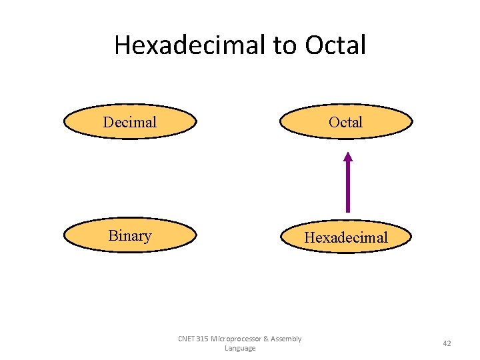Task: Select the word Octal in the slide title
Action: point(335,45)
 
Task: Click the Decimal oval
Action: point(130,122)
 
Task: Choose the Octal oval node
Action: point(346,122)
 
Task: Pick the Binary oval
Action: point(130,236)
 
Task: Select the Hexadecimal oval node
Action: point(346,237)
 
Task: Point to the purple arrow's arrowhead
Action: point(347,157)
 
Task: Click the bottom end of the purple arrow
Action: point(347,210)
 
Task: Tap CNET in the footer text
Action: point(186,339)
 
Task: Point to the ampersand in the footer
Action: point(265,339)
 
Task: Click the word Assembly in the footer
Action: point(286,339)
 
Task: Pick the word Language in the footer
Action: point(240,349)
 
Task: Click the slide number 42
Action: point(447,343)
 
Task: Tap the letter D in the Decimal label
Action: point(108,122)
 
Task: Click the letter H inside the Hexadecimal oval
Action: point(310,237)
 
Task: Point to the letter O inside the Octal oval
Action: point(333,122)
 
